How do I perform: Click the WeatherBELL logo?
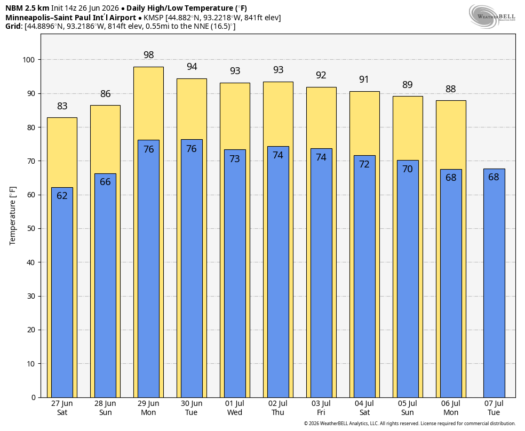[x=492, y=16]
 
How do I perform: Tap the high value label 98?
[x=149, y=55]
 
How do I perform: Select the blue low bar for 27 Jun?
[x=62, y=292]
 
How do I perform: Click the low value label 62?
[x=62, y=195]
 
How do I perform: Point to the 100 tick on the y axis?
[x=28, y=60]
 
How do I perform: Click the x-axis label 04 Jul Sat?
[x=364, y=408]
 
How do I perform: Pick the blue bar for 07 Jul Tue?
[x=494, y=283]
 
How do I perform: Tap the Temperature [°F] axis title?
[x=13, y=216]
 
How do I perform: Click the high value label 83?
[x=62, y=106]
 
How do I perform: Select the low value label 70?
[x=408, y=169]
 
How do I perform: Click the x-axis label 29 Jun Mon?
[x=148, y=408]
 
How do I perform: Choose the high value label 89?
[x=408, y=85]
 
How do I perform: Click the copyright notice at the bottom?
[x=409, y=424]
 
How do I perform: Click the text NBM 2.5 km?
[x=27, y=8]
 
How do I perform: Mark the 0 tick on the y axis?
[x=33, y=397]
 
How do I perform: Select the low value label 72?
[x=364, y=164]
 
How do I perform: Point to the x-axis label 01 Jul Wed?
[x=234, y=408]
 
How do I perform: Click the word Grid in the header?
[x=13, y=27]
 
